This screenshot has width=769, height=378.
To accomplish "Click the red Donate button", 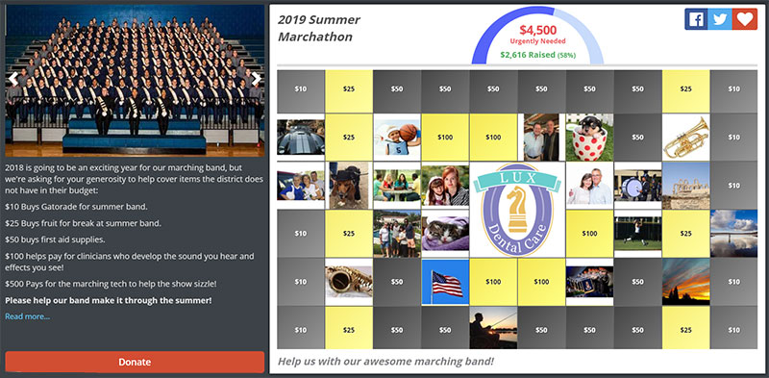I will [135, 362].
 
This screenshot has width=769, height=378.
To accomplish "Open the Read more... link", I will [27, 316].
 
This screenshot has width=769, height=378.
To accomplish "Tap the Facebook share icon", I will [696, 20].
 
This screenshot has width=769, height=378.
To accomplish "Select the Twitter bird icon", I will [720, 20].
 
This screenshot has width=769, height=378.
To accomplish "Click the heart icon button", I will [744, 20].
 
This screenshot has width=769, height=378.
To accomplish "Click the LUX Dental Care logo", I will [517, 209].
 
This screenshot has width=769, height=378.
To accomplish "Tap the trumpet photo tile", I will [685, 138].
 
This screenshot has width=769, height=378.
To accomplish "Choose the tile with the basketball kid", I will [397, 138].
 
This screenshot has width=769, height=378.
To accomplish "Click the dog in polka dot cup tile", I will [589, 138].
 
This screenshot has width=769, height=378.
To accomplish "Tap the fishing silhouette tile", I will [493, 327].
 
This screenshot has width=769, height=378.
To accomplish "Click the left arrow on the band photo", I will [13, 79].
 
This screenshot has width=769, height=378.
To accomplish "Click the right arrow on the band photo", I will [255, 79].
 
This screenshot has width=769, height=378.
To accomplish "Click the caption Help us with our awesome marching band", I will [385, 362].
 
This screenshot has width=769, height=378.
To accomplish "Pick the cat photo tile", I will [445, 233].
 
